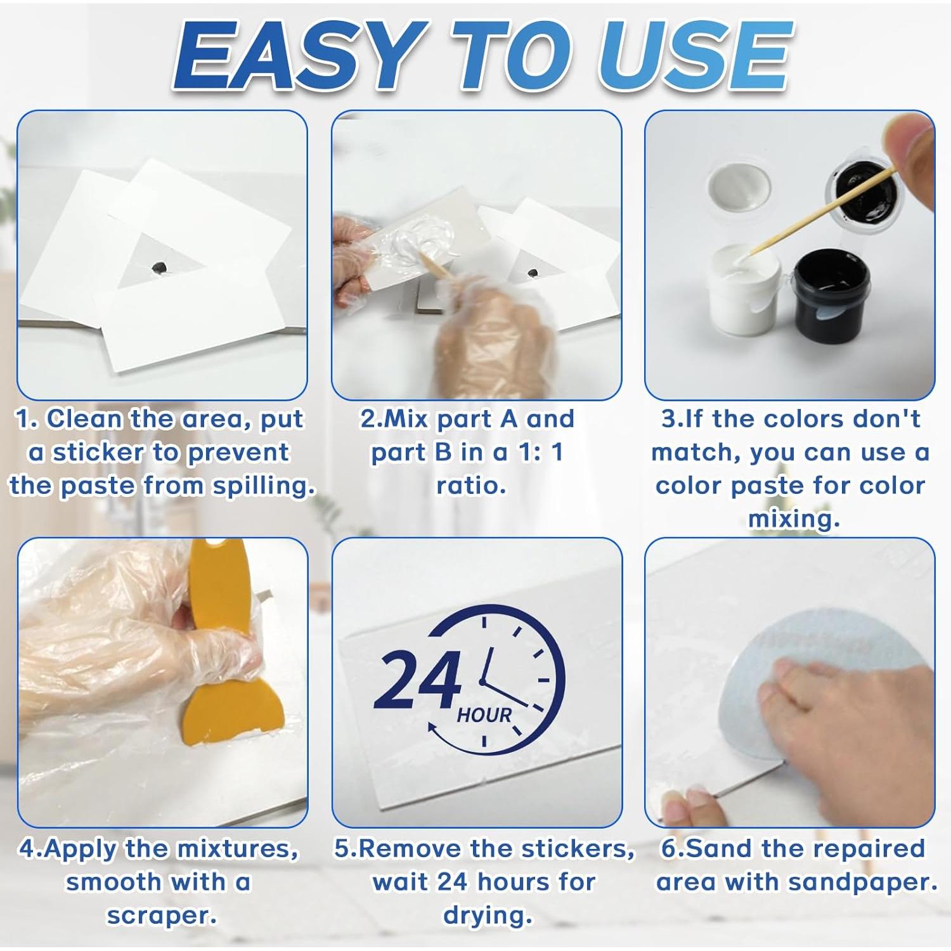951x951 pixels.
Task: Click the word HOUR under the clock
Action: pos(484,716)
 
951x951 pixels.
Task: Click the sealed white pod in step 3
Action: pos(739,188)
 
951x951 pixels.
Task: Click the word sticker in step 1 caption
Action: pos(98,452)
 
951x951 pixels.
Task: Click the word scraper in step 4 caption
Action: pos(161,915)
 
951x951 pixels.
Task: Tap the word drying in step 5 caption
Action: pos(486,915)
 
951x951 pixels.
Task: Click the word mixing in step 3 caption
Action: pos(793,519)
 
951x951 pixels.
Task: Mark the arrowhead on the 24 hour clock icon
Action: pos(432,728)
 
